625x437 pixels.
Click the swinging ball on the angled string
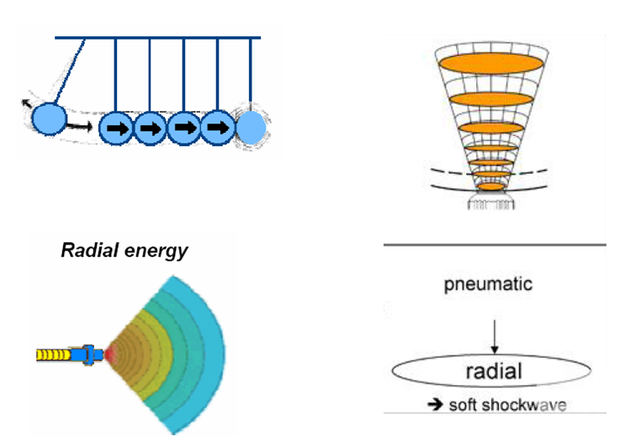[49, 117]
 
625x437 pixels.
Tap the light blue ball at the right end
[252, 128]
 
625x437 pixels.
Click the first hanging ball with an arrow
[116, 129]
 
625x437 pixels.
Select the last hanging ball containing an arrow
[219, 128]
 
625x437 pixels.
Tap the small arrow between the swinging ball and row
[81, 128]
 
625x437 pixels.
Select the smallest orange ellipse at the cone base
[490, 187]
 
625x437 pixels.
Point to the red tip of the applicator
[109, 355]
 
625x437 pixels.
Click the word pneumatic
[488, 284]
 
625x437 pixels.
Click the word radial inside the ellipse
[495, 371]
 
